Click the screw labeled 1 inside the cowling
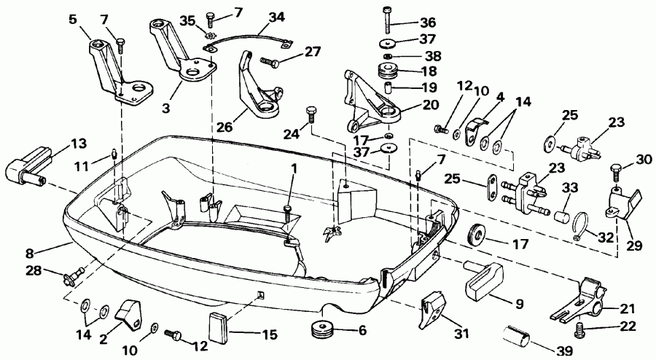pyautogui.click(x=289, y=211)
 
